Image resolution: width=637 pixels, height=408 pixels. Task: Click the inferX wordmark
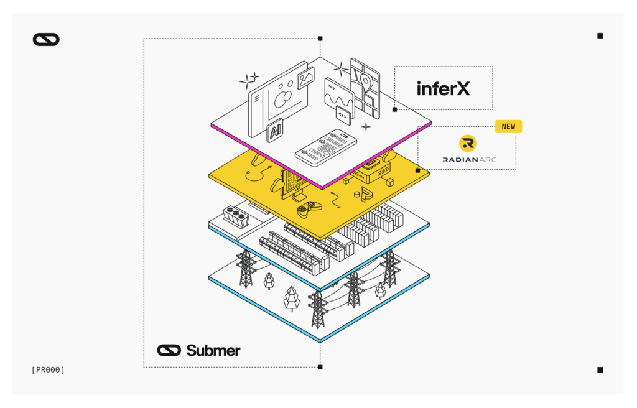443,88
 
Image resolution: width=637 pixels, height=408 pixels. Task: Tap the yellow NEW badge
508,126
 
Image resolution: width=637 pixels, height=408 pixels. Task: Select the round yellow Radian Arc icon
468,144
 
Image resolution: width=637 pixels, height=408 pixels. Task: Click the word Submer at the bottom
213,350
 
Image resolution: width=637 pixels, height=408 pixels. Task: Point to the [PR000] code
48,370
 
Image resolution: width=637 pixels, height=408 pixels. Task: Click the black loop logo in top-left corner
46,40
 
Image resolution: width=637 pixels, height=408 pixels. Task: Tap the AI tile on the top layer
274,131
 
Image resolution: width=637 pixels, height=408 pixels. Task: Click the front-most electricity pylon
318,309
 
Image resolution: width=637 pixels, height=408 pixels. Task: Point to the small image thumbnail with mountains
305,78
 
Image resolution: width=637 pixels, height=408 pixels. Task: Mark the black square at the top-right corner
600,35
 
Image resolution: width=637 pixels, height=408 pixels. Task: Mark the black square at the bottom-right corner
600,370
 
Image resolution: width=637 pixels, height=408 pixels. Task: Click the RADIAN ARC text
470,160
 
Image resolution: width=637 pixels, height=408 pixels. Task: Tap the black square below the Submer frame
320,367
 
